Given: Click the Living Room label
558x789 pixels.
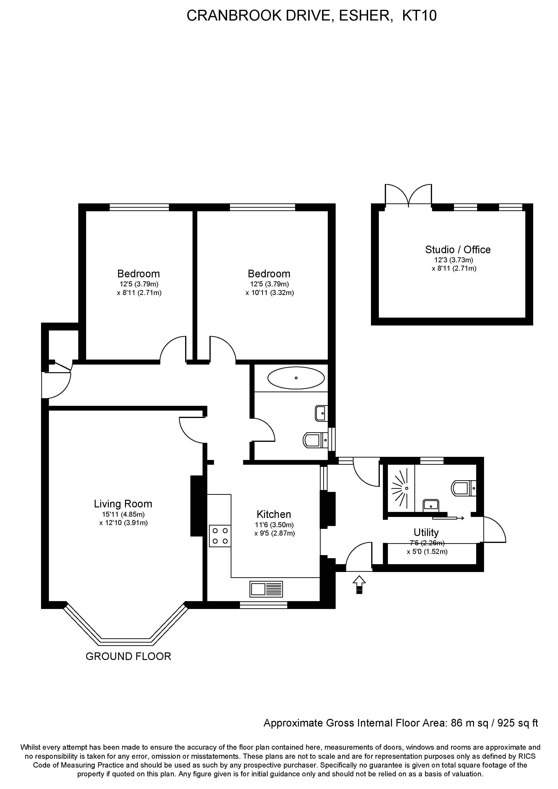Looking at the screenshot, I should click(123, 504).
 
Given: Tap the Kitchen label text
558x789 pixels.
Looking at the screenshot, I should click(274, 514).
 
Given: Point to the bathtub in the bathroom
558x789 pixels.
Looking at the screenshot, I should click(296, 378).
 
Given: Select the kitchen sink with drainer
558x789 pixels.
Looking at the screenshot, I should click(266, 589).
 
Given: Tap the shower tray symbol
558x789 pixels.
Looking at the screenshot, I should click(400, 488).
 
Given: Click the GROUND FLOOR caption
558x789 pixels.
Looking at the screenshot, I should click(128, 656).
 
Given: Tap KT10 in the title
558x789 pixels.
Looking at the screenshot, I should click(419, 16).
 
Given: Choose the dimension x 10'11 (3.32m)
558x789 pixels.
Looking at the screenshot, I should click(270, 293).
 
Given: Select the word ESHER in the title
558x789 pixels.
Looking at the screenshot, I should click(366, 16).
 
